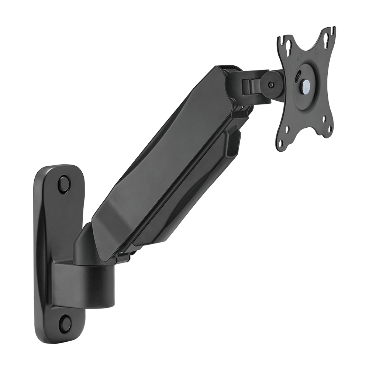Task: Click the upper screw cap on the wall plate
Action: (x=64, y=183)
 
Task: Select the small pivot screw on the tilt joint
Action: (x=272, y=85)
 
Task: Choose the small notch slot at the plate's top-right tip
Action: (x=333, y=31)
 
